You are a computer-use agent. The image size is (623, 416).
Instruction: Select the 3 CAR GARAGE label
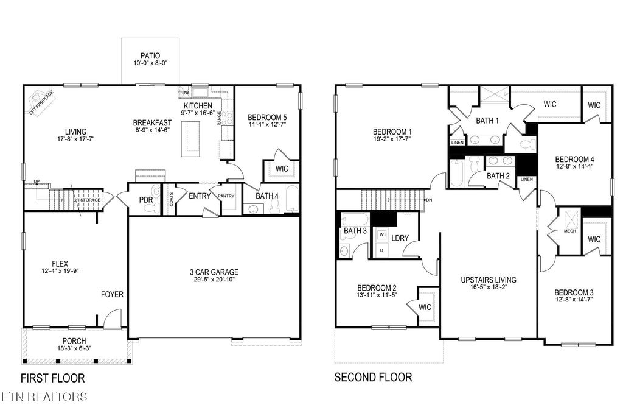click(213, 272)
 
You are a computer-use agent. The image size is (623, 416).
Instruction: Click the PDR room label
click(145, 199)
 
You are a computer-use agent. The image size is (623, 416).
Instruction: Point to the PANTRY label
click(227, 196)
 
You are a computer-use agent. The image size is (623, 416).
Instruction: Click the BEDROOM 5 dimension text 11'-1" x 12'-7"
click(268, 125)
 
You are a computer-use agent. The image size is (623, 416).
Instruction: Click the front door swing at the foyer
click(112, 320)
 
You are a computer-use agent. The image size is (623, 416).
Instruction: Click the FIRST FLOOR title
click(52, 378)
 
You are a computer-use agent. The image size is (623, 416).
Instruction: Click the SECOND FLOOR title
click(373, 378)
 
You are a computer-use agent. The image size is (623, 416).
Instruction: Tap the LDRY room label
click(400, 238)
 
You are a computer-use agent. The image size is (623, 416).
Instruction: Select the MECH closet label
click(569, 231)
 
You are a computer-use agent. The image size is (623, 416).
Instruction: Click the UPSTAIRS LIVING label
click(488, 280)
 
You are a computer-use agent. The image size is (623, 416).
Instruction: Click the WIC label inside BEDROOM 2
click(424, 307)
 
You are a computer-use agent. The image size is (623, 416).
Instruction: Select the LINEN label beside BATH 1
click(457, 142)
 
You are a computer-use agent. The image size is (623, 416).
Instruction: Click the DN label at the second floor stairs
click(429, 200)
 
